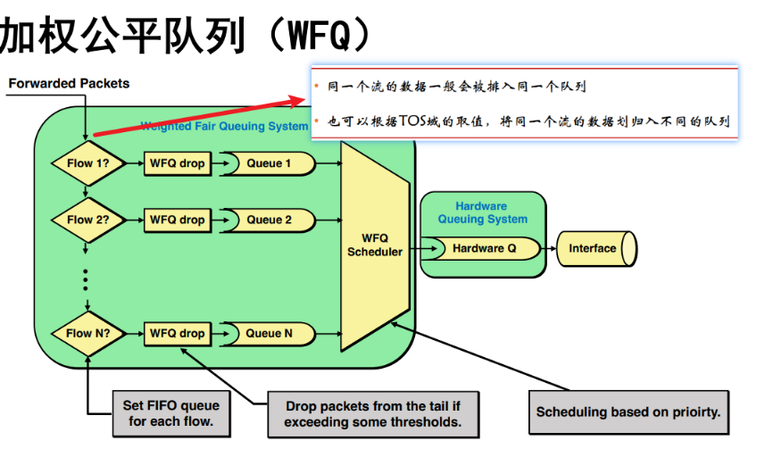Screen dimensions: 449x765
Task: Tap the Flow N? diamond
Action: click(87, 334)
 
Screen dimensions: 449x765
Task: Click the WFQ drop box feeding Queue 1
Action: click(177, 163)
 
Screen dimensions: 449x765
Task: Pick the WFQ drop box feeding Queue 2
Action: click(177, 220)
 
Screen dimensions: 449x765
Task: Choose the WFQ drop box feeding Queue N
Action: click(177, 334)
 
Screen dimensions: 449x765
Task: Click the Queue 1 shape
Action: click(269, 163)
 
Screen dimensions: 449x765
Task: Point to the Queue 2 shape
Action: click(269, 220)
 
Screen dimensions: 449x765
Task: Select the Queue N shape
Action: click(269, 334)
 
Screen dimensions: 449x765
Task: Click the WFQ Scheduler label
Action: click(375, 245)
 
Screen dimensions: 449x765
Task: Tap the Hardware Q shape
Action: click(483, 248)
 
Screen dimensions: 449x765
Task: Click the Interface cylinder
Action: click(595, 248)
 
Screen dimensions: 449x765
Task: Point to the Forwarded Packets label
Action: click(69, 84)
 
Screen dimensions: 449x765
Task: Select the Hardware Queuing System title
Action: click(482, 212)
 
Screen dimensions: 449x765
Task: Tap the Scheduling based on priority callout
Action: click(628, 412)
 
